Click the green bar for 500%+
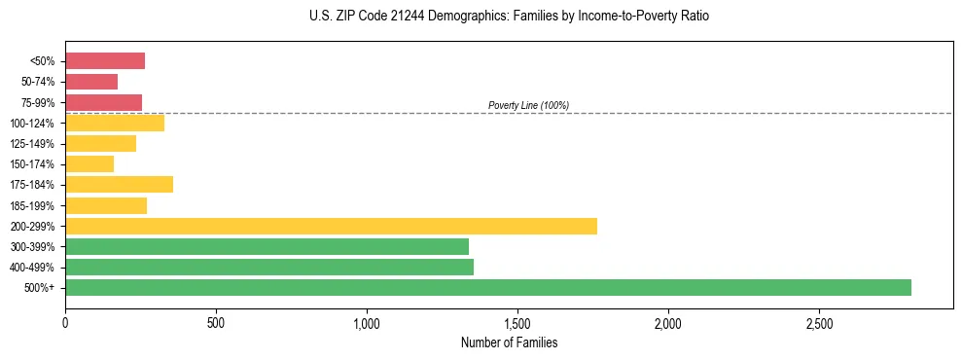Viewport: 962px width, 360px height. pos(487,287)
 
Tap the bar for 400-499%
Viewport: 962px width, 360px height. pos(268,267)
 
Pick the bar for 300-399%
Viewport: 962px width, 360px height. pos(267,246)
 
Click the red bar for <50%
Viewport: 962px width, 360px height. pos(105,61)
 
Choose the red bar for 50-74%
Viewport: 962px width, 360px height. pos(91,82)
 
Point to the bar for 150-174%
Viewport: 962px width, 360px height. pos(89,164)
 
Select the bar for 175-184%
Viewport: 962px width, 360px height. pos(119,185)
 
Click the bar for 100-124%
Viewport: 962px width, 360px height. pos(115,124)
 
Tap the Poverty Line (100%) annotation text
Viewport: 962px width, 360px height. pos(528,105)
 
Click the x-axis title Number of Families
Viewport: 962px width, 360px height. pos(508,342)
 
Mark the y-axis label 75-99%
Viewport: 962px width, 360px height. pos(37,103)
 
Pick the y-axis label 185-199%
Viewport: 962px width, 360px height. pos(34,205)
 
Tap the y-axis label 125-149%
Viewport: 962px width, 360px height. pos(34,144)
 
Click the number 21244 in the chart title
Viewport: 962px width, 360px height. pos(398,17)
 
